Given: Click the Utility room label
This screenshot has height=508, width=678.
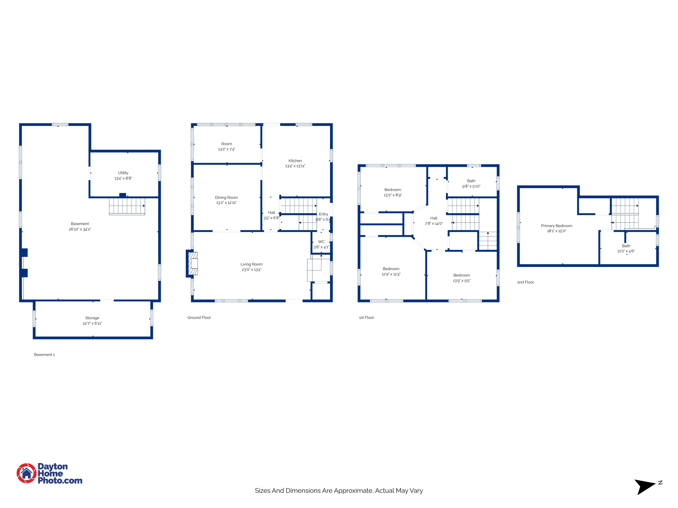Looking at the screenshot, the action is [123, 173].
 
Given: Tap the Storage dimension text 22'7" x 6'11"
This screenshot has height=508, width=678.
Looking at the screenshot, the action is [92, 323].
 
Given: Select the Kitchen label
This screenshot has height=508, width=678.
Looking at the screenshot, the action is [295, 161].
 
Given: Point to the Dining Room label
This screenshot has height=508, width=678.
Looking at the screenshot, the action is [226, 198].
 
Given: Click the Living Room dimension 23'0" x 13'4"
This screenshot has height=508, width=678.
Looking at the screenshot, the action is [251, 269].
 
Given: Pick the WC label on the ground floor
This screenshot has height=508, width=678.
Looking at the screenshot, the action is [321, 242].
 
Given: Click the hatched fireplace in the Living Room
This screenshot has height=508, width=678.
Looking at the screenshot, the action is [193, 263].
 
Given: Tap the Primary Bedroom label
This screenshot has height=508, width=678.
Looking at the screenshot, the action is [557, 226].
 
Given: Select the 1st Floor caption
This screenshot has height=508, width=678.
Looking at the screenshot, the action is [367, 317].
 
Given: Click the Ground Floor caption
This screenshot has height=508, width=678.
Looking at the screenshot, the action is [199, 317].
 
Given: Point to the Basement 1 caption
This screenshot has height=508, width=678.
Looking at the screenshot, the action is [45, 355].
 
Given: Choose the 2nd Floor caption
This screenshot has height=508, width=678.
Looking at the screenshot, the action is [525, 282].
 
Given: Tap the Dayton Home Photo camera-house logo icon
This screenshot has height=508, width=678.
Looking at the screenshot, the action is [26, 473].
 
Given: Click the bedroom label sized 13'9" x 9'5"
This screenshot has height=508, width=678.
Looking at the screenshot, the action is [461, 275].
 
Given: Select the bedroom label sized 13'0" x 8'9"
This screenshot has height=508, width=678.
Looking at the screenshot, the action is [393, 190].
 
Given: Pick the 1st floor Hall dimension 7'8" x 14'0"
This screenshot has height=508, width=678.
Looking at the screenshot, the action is [434, 224].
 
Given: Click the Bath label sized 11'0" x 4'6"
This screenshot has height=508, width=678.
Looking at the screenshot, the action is [626, 246].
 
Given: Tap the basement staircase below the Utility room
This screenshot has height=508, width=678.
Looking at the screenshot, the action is [127, 206].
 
